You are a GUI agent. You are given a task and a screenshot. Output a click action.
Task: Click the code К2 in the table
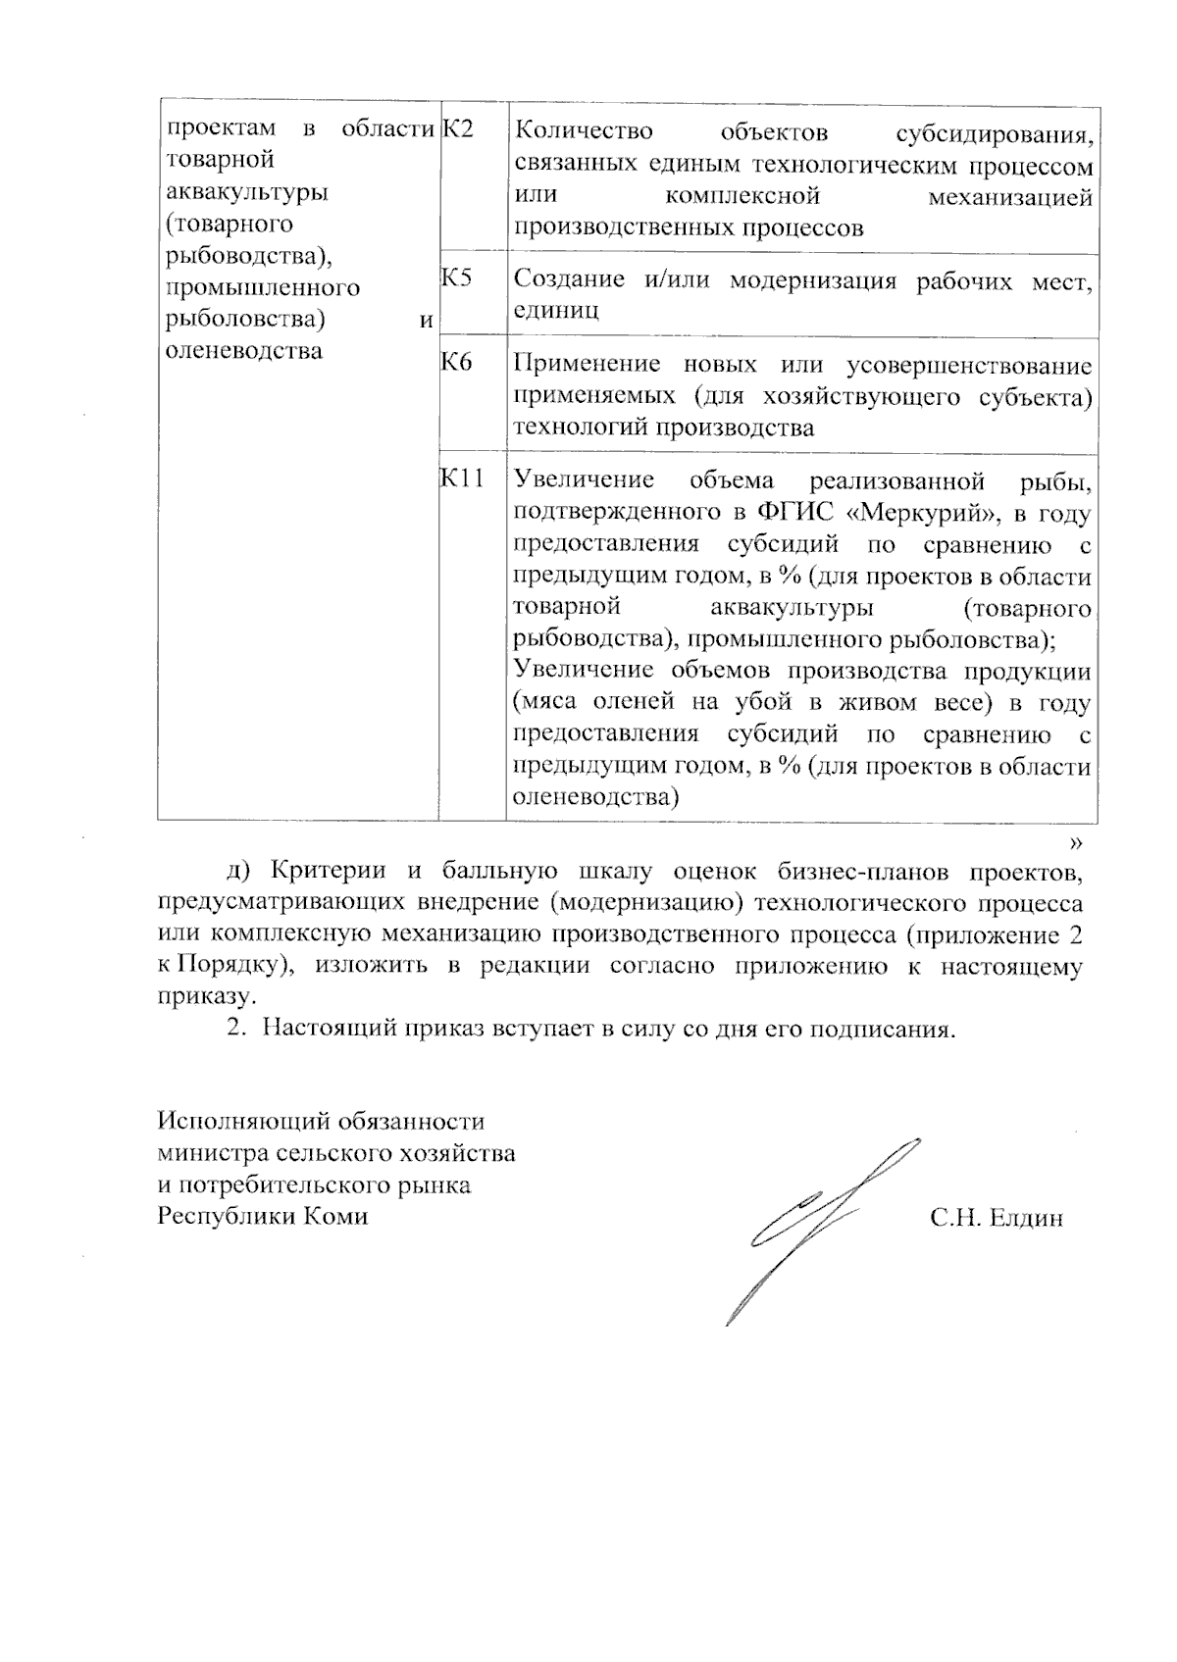click(458, 128)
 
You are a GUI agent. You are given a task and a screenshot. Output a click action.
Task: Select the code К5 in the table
click(457, 277)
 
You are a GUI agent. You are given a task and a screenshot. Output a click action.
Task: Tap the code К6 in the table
click(457, 363)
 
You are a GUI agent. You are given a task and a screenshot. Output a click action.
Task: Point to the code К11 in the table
click(462, 478)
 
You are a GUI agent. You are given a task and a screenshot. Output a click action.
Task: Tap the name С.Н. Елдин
click(997, 1219)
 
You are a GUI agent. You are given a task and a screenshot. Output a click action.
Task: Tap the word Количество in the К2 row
click(584, 130)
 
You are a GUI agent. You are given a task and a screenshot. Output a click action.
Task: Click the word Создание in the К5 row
click(569, 279)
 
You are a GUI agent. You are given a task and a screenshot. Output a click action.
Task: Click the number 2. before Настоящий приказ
click(234, 1030)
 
